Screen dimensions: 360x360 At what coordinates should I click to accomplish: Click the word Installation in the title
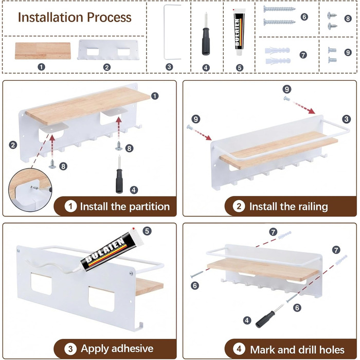coord(50,17)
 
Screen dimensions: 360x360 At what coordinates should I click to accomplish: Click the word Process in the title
coord(109,17)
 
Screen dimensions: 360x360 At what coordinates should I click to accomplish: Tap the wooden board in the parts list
coord(43,51)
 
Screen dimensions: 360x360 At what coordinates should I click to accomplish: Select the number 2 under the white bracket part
coord(107,67)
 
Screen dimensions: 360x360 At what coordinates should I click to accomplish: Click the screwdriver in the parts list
coord(206,34)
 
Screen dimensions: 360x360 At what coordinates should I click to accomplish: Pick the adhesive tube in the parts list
coord(239,32)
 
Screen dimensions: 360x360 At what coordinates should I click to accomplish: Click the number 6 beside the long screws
coord(304,16)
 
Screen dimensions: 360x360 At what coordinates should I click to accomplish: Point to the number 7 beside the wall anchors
coord(303,55)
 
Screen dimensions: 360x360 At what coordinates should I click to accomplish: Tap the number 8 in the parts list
coord(348,19)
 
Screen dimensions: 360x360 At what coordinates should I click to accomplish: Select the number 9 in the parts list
coord(348,52)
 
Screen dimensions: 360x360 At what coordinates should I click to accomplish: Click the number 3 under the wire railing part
coord(169,67)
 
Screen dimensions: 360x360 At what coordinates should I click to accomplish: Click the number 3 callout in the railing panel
coord(347,119)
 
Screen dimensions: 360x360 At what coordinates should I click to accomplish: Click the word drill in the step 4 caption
coord(307,350)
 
